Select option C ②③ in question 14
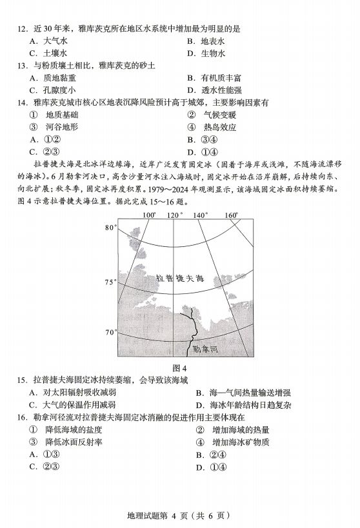(41, 152)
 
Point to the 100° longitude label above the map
(149, 215)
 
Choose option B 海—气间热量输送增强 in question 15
(242, 392)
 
